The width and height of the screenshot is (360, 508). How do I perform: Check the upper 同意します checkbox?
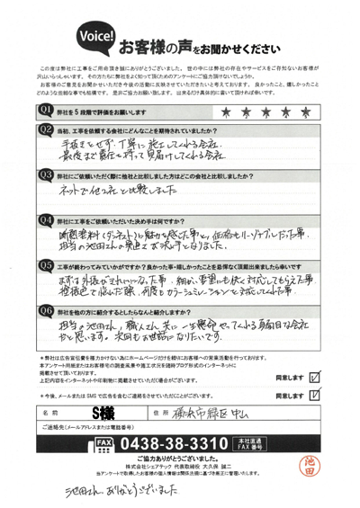click(x=313, y=366)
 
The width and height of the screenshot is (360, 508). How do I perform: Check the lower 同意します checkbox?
click(x=313, y=394)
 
